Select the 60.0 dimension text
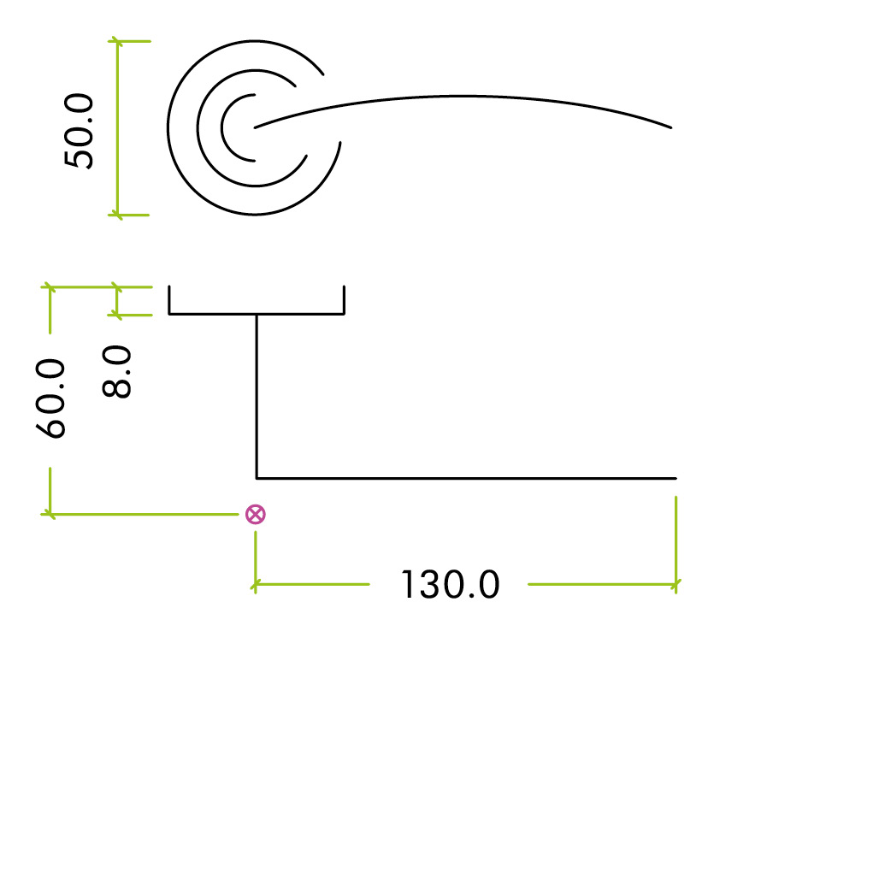50,399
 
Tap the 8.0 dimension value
116,372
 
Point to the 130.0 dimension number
450,585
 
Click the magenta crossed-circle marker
255,514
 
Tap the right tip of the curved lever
671,127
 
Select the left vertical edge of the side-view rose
169,300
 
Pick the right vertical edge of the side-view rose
344,300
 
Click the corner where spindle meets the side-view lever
257,479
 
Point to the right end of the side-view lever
676,479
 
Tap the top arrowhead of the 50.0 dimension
117,42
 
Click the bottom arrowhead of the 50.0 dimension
117,215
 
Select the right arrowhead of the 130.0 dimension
676,584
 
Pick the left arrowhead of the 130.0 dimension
255,584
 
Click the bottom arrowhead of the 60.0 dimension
50,514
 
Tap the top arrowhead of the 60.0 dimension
50,287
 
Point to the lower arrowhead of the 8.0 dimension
116,315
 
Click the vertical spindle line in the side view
257,396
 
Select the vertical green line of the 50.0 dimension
118,128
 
